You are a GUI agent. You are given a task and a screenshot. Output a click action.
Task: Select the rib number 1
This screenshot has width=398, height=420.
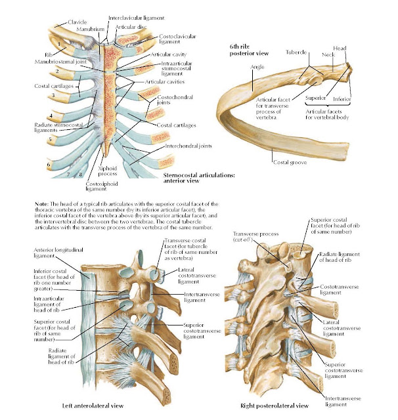tap(59, 45)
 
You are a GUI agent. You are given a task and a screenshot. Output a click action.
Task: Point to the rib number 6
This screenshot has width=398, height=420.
tap(48, 165)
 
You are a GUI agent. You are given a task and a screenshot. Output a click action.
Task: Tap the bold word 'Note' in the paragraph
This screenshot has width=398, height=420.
tap(42, 205)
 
